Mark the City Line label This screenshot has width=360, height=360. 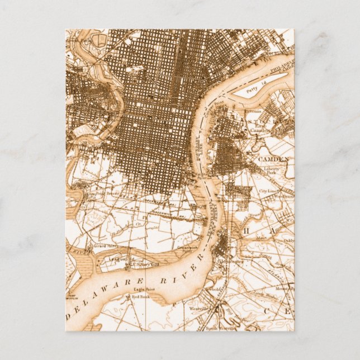(267, 191)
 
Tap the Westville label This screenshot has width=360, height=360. (197, 308)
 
